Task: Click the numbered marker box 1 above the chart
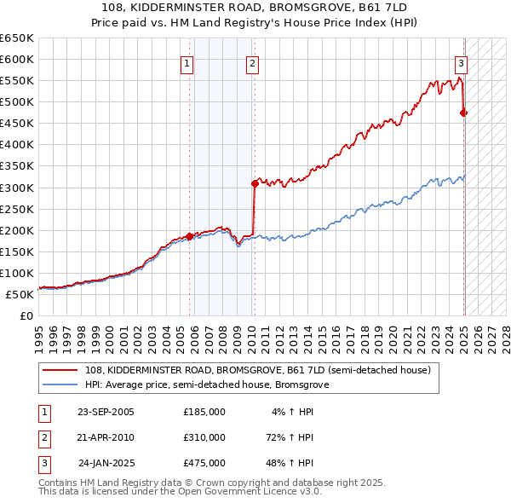(187, 62)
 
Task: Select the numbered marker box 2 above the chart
(253, 62)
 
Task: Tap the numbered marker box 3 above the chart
(461, 62)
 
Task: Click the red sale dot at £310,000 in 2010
(255, 182)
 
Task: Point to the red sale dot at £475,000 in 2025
(464, 112)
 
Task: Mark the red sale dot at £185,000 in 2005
(189, 236)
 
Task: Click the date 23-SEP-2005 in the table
(106, 411)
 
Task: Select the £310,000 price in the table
(204, 437)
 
